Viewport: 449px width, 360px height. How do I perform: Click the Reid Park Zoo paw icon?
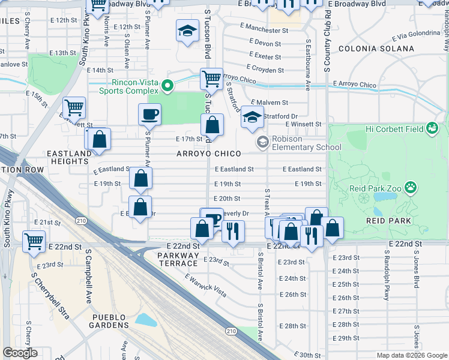pyautogui.click(x=411, y=188)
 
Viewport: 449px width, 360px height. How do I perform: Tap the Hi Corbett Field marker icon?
pyautogui.click(x=432, y=128)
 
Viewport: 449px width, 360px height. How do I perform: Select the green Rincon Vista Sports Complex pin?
pyautogui.click(x=169, y=87)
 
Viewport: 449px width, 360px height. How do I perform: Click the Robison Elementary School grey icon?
pyautogui.click(x=262, y=142)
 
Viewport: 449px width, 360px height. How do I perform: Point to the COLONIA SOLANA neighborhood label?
pyautogui.click(x=376, y=48)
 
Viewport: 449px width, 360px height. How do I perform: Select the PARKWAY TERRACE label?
pyautogui.click(x=178, y=259)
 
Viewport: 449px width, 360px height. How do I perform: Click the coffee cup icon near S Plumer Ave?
pyautogui.click(x=149, y=113)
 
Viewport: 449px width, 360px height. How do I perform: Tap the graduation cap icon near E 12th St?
pyautogui.click(x=187, y=30)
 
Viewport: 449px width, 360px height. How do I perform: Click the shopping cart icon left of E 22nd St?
pyautogui.click(x=34, y=241)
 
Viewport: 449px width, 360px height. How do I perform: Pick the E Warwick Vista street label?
pyautogui.click(x=206, y=286)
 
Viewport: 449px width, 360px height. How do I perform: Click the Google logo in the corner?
pyautogui.click(x=20, y=353)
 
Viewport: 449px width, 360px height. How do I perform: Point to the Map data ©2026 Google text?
pyautogui.click(x=411, y=355)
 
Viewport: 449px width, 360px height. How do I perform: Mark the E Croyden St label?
pyautogui.click(x=265, y=70)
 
